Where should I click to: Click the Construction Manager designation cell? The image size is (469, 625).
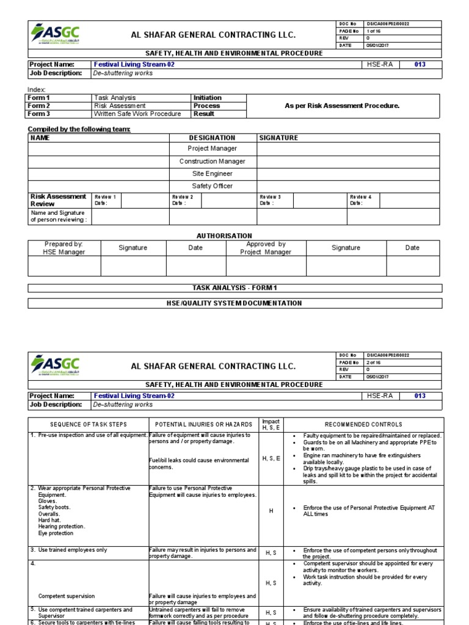point(213,161)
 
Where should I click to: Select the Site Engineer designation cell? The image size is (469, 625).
point(213,173)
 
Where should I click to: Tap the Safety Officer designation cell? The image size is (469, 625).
point(213,186)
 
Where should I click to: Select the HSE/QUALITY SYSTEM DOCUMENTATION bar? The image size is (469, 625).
point(234,303)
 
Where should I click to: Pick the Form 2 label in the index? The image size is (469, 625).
point(38,106)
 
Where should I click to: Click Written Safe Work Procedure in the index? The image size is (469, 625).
point(137,114)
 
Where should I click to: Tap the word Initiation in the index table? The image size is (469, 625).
point(208,98)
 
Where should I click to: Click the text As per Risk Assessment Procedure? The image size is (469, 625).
point(342,106)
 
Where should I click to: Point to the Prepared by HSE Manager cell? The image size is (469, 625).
point(64,248)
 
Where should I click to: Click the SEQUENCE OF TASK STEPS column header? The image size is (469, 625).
point(89,424)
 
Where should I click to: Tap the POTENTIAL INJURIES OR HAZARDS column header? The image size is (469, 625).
point(203,424)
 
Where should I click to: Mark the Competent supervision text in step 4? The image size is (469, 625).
point(67,596)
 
